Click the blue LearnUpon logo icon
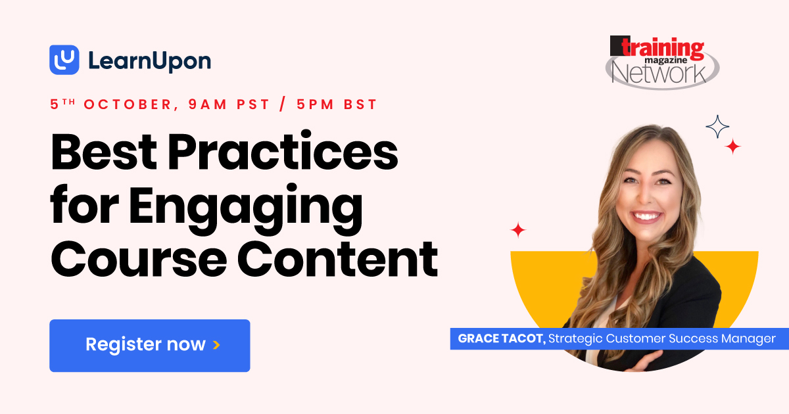point(64,60)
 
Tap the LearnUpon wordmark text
point(149,61)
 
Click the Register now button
point(149,345)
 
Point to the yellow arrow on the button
point(216,345)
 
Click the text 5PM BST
point(337,104)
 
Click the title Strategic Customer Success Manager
point(662,339)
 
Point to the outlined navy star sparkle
point(717,127)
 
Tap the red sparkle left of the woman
point(518,230)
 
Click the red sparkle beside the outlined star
point(732,147)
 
